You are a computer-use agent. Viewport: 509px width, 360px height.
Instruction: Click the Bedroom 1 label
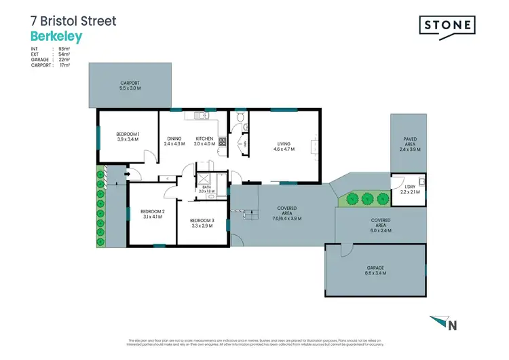128,137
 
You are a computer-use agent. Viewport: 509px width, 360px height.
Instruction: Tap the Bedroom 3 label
202,223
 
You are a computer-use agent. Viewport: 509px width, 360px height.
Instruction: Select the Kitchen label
204,141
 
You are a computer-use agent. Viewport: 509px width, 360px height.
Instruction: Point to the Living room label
283,145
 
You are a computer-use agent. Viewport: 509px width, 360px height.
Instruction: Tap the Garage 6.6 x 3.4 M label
376,270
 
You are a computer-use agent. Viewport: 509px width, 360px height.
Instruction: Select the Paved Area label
410,144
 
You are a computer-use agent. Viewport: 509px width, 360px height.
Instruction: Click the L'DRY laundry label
410,190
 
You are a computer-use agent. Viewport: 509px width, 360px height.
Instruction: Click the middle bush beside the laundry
367,199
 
